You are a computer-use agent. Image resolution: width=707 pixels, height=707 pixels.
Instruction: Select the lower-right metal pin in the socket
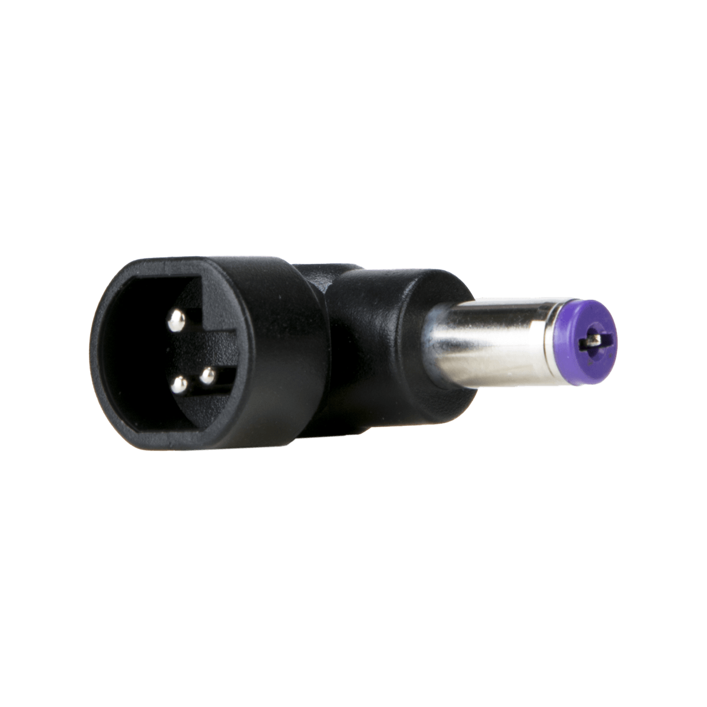click(207, 374)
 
